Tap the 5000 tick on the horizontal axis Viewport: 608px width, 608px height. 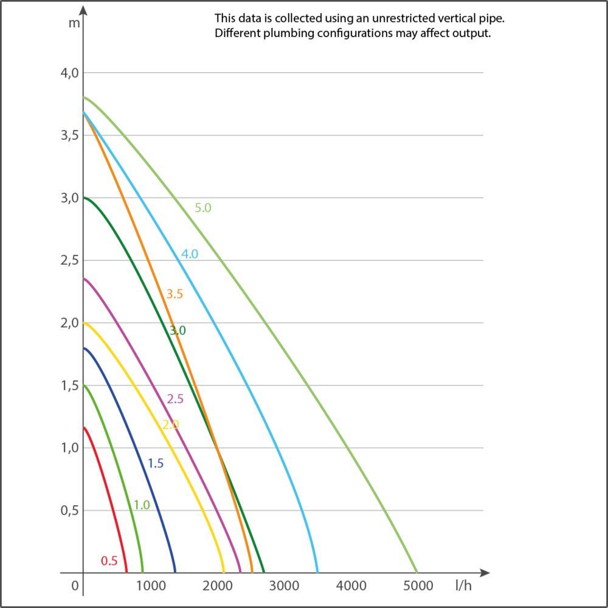point(418,586)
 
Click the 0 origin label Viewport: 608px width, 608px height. point(75,586)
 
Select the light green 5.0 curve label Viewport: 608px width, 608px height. point(203,208)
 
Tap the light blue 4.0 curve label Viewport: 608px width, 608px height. point(190,254)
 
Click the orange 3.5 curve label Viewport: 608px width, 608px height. point(174,294)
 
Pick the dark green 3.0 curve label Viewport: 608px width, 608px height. point(177,331)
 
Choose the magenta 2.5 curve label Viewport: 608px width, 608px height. point(174,399)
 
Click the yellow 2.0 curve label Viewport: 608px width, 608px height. point(171,424)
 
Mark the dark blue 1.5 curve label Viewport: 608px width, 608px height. point(155,464)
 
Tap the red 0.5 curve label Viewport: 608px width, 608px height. point(109,561)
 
